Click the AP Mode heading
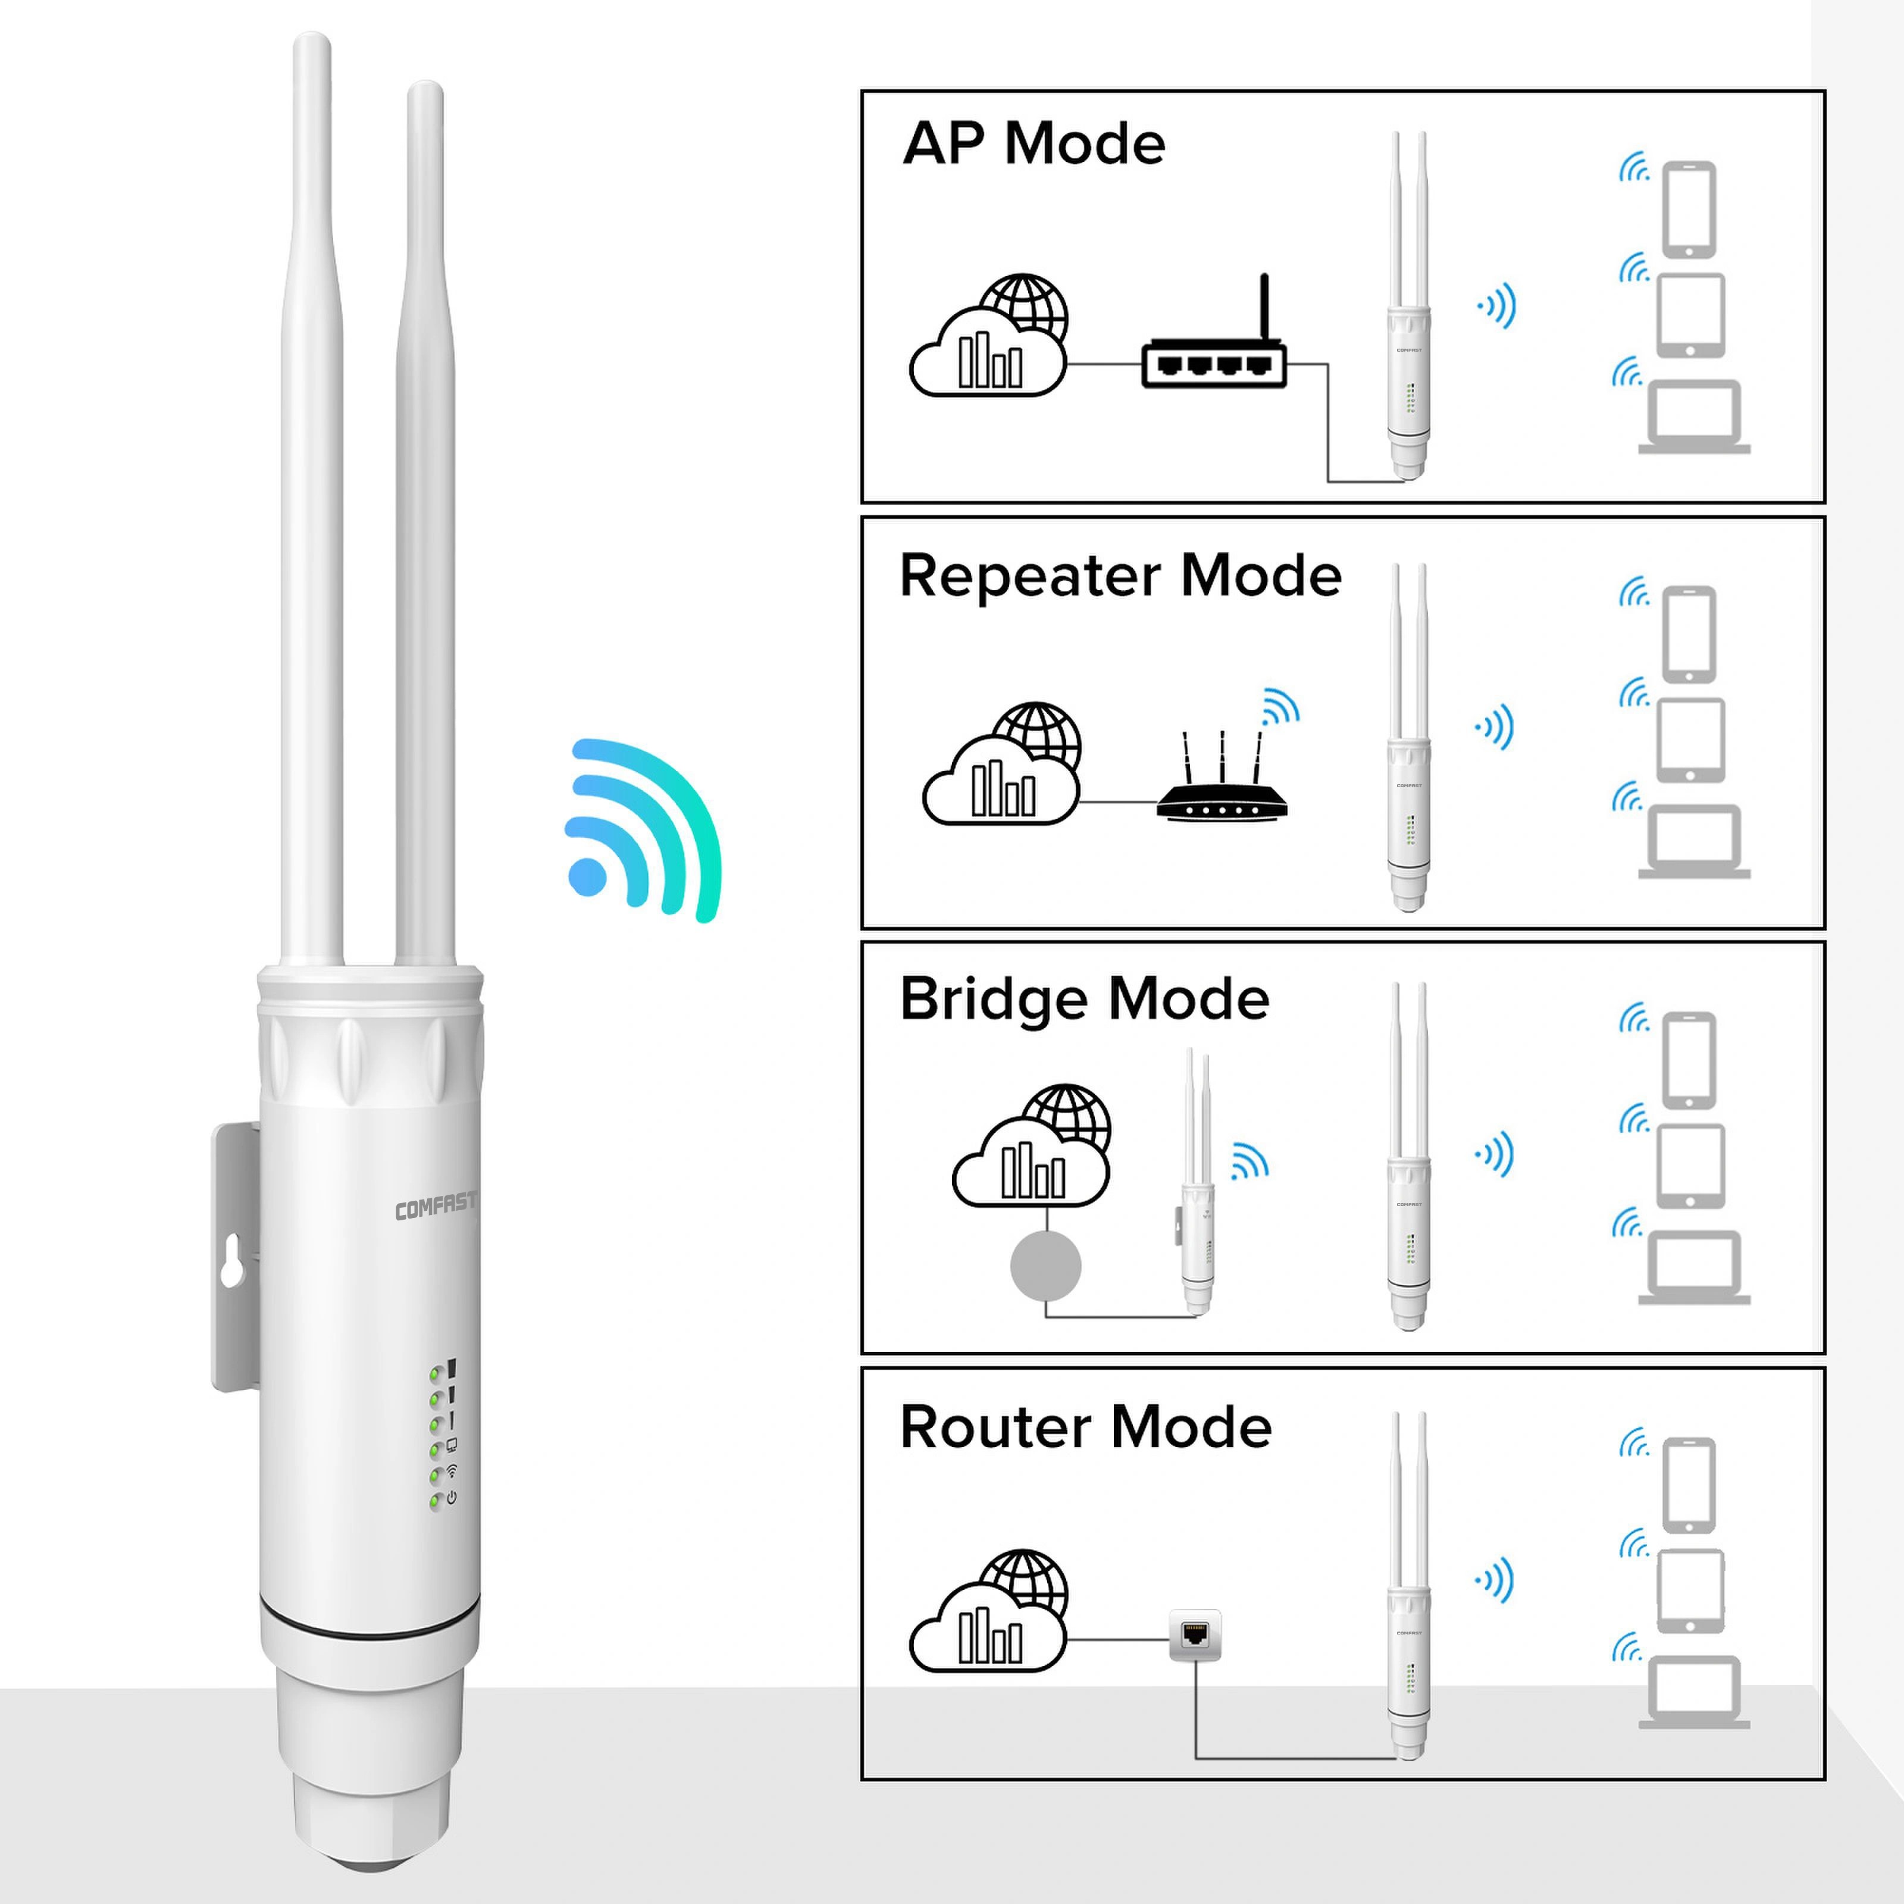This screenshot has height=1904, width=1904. (1033, 144)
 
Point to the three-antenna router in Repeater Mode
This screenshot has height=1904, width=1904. (1221, 788)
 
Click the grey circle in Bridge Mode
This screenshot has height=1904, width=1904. (1045, 1266)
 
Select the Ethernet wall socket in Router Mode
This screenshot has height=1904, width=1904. (1194, 1636)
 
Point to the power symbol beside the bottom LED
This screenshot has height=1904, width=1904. (452, 1498)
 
